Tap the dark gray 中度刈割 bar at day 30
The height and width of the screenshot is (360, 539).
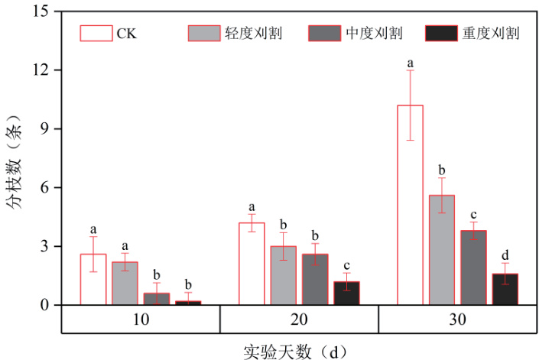(473, 268)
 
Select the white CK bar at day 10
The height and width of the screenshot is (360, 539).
(93, 279)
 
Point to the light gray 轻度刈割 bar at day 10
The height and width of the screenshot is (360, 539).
(125, 283)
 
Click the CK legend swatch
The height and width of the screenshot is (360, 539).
(96, 33)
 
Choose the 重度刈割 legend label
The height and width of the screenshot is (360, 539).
(491, 33)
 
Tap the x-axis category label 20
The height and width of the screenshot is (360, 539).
(299, 319)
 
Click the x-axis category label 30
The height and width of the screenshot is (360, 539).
(457, 319)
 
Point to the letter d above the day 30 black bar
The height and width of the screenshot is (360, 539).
(505, 255)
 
